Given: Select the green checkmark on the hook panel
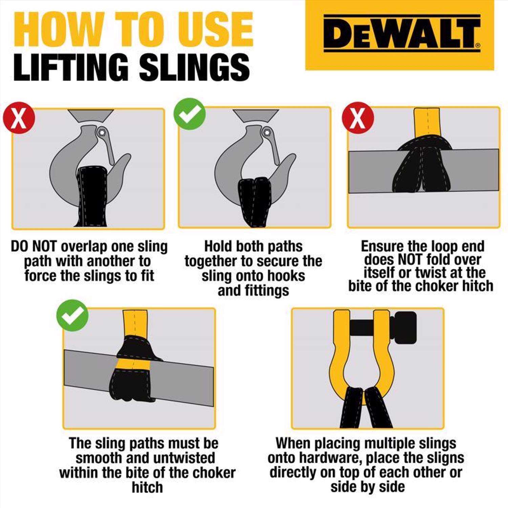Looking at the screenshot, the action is coord(190,114).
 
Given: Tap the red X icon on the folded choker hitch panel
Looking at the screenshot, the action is coord(358,118).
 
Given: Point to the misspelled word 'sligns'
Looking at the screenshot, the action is coord(445,458).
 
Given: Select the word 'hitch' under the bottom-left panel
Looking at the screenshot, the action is coord(147,487).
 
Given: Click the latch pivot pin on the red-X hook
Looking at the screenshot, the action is coord(101,131).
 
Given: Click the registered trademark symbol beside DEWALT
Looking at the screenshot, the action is coord(478,45).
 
